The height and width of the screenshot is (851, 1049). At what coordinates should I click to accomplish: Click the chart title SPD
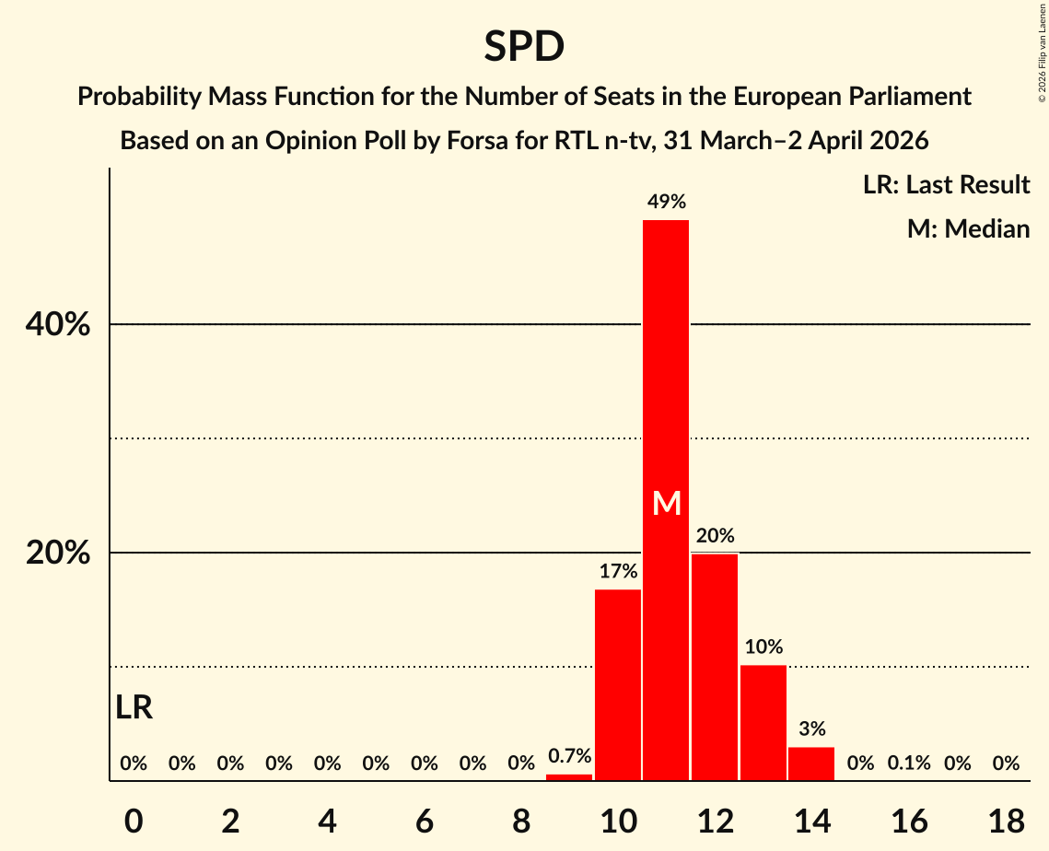524,46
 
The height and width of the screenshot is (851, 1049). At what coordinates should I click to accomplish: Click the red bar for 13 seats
763,723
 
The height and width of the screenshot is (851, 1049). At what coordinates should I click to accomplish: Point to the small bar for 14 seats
811,764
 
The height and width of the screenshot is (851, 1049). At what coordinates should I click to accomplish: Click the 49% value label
666,202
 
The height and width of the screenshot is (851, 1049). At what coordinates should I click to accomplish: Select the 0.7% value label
569,756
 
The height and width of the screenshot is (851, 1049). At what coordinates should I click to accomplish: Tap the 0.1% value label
908,764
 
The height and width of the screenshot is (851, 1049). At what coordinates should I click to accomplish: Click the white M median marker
666,503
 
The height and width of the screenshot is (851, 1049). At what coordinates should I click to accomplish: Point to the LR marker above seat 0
134,707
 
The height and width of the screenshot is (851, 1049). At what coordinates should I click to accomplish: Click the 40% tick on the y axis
57,325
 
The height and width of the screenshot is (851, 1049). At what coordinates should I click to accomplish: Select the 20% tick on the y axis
57,554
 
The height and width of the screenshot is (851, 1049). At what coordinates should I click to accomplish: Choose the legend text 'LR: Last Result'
946,185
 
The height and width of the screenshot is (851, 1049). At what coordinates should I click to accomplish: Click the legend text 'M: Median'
968,228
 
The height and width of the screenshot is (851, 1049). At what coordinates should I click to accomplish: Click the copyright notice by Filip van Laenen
1042,52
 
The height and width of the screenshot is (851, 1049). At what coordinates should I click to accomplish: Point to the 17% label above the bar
618,571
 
